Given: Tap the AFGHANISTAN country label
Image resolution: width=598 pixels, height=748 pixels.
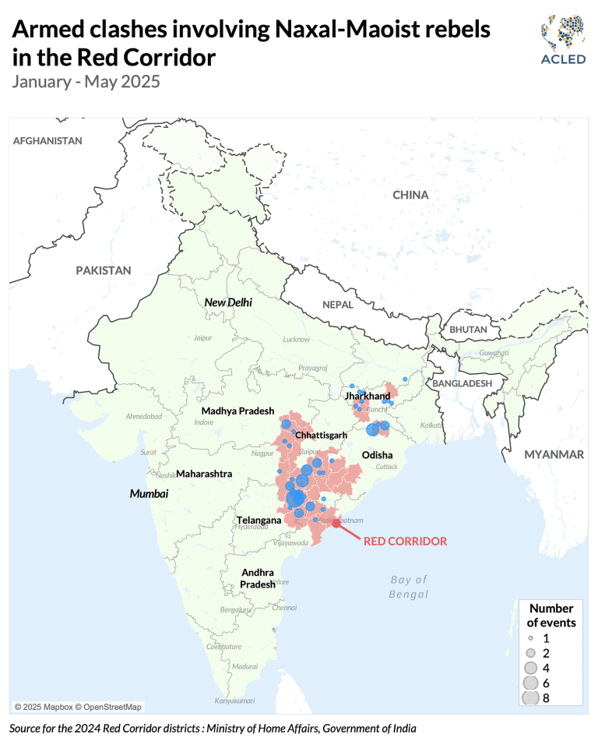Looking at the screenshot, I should (47, 141).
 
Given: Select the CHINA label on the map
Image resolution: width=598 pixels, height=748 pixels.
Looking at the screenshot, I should (410, 195).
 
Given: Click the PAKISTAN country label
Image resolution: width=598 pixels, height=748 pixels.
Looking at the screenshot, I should (104, 270).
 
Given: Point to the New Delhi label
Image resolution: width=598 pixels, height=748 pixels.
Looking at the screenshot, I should (228, 302).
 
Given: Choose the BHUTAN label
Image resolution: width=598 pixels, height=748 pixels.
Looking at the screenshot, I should (467, 330).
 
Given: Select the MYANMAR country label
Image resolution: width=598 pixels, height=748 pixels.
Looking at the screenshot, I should (554, 454).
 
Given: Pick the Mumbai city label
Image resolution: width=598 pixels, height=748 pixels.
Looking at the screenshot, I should (149, 493).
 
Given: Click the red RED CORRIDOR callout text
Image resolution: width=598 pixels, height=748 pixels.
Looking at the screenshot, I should (405, 541).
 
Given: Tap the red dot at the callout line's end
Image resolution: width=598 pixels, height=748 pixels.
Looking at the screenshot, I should (336, 524).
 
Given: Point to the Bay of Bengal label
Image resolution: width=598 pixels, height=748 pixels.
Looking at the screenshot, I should (409, 587).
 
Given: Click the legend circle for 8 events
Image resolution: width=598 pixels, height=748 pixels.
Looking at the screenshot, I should (530, 697).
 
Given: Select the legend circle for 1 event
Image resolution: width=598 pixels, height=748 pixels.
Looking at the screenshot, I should (530, 638).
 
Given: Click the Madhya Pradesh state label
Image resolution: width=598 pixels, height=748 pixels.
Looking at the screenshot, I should (237, 411).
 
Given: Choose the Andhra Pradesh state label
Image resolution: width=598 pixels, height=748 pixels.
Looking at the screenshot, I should (257, 578).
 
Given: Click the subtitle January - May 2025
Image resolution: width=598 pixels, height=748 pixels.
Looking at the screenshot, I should (86, 81).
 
